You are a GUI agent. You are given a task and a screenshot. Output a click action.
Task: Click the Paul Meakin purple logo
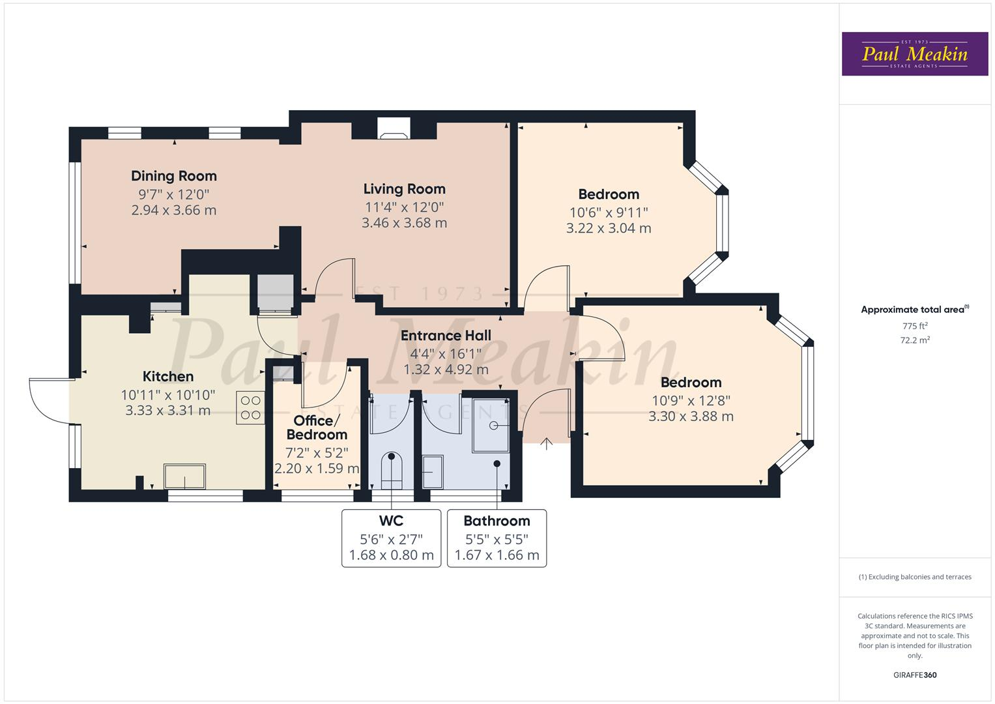[x=914, y=54]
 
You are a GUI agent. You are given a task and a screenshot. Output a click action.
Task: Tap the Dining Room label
[x=173, y=176]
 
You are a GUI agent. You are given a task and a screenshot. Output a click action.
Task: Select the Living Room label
[x=404, y=189]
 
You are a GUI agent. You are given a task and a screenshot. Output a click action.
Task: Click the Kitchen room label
[x=168, y=377]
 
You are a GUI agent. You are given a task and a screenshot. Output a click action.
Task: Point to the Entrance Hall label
[x=446, y=336]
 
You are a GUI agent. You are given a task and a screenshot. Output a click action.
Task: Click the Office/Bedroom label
[x=317, y=428]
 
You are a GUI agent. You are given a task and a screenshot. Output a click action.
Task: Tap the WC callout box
[x=391, y=538]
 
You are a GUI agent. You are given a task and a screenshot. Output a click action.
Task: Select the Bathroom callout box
[x=497, y=538]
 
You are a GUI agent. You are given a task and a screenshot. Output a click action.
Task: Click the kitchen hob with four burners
[x=250, y=408]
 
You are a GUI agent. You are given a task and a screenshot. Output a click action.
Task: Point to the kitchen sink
[x=184, y=476]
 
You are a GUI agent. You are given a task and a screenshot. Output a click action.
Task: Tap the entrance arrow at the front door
[x=546, y=444]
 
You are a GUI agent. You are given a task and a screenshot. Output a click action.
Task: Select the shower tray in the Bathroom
[x=490, y=424]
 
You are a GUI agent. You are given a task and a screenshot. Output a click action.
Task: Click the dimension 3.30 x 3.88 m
[x=691, y=417]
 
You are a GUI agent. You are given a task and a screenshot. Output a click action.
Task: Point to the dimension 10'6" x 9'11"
[x=609, y=213]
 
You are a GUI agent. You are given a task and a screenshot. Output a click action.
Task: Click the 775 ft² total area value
[x=915, y=326]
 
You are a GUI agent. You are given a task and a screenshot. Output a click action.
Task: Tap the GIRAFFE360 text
[x=915, y=675]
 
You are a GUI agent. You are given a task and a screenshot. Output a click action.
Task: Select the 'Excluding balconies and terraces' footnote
[x=915, y=577]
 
